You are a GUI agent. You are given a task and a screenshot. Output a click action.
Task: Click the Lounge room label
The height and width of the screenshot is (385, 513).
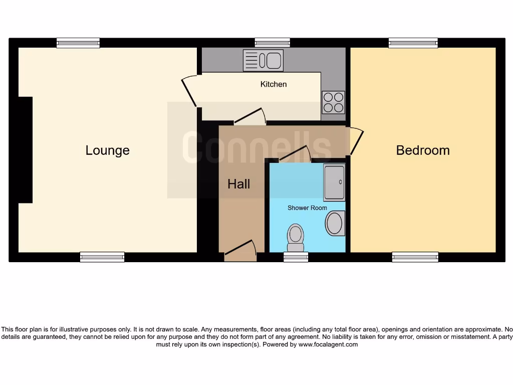tap(107, 150)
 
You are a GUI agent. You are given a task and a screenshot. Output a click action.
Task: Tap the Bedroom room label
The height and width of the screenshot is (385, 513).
tap(423, 150)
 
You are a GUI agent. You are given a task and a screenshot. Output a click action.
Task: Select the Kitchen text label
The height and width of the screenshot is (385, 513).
tap(274, 84)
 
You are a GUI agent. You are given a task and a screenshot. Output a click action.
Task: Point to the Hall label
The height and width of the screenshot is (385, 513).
tap(238, 184)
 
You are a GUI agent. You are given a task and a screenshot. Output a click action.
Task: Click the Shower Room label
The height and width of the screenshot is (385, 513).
tap(307, 208)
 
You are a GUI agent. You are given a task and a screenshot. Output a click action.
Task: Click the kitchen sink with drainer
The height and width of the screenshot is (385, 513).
tap(263, 60)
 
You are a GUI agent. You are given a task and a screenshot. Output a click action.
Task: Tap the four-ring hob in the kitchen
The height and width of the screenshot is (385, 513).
tap(333, 102)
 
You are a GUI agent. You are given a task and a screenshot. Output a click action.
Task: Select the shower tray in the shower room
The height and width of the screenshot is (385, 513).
tap(334, 182)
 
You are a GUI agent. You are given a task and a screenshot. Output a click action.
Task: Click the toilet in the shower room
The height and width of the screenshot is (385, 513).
tap(296, 237)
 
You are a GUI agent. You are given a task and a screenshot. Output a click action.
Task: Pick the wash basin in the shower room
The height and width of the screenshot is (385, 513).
tap(335, 223)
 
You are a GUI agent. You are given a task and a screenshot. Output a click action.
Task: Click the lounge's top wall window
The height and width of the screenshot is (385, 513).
tap(78, 43)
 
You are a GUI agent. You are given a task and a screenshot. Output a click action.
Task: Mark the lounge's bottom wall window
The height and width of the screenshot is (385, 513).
tap(102, 257)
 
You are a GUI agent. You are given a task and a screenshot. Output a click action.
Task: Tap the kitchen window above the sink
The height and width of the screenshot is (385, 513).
tap(272, 43)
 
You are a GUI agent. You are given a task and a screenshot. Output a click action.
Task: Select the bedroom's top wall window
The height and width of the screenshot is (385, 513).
tap(413, 43)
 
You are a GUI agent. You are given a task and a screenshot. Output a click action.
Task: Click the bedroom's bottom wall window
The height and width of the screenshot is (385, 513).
tap(415, 257)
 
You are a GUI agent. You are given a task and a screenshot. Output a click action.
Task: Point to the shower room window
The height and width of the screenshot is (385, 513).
tap(296, 257)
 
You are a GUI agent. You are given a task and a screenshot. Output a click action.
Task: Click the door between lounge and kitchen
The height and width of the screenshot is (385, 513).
tap(189, 91)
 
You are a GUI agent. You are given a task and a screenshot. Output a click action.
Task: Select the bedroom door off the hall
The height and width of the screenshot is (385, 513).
tap(356, 141)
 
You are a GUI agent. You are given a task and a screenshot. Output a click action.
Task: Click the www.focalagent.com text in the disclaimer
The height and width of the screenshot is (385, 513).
tap(328, 344)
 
